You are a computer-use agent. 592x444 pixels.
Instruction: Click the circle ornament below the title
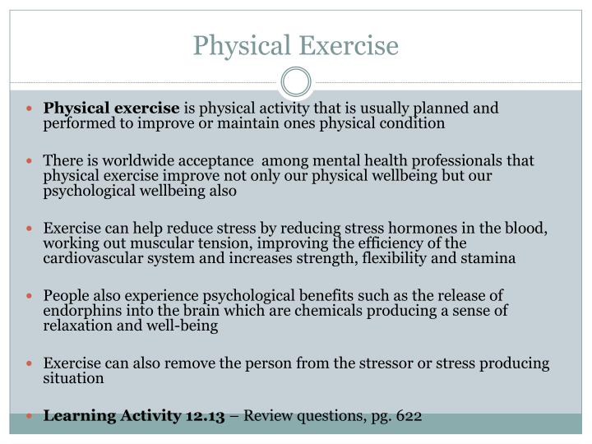(x=296, y=82)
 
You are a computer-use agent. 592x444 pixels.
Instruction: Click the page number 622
(x=409, y=415)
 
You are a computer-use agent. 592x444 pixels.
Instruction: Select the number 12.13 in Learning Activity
(x=205, y=415)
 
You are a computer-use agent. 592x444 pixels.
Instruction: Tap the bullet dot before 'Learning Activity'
(x=34, y=416)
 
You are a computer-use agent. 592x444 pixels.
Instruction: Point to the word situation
(x=74, y=377)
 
